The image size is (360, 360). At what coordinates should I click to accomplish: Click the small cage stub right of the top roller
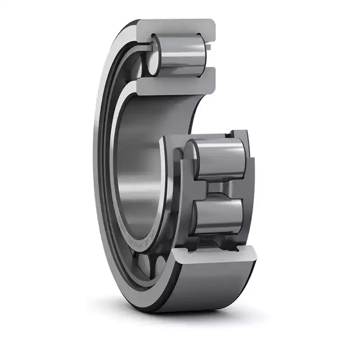point(210,46)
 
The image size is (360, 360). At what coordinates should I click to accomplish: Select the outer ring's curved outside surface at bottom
point(211,288)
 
